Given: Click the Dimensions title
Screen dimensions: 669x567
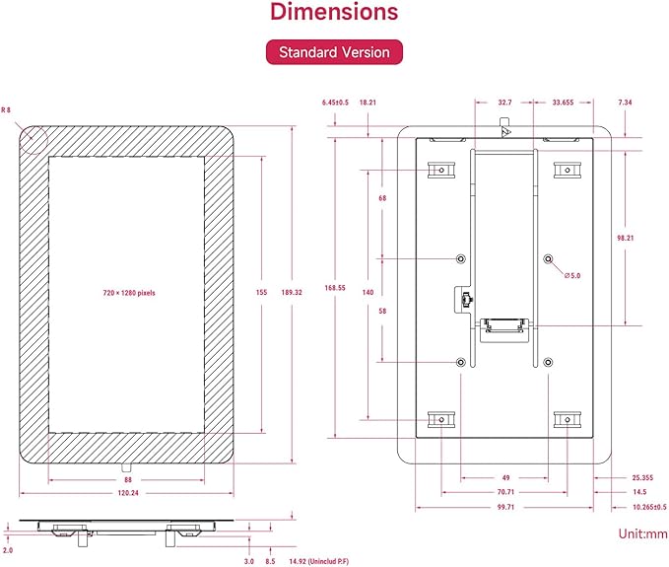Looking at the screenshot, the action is [x=334, y=12].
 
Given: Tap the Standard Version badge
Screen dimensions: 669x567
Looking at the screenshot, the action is [x=334, y=52].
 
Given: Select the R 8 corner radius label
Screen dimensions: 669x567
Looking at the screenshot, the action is [x=6, y=109].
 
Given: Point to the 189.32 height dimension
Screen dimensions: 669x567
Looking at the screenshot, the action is [x=292, y=293].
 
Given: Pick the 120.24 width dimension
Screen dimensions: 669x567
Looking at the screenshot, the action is [x=128, y=493].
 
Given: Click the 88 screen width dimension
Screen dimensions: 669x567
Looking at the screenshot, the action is [x=128, y=480].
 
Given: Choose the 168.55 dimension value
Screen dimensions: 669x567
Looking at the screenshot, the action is [x=335, y=288].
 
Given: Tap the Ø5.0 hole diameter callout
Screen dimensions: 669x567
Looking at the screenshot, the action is [x=572, y=276].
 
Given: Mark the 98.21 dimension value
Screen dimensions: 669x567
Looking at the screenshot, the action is [x=626, y=239].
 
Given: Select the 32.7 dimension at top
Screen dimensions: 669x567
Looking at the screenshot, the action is [x=504, y=103].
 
